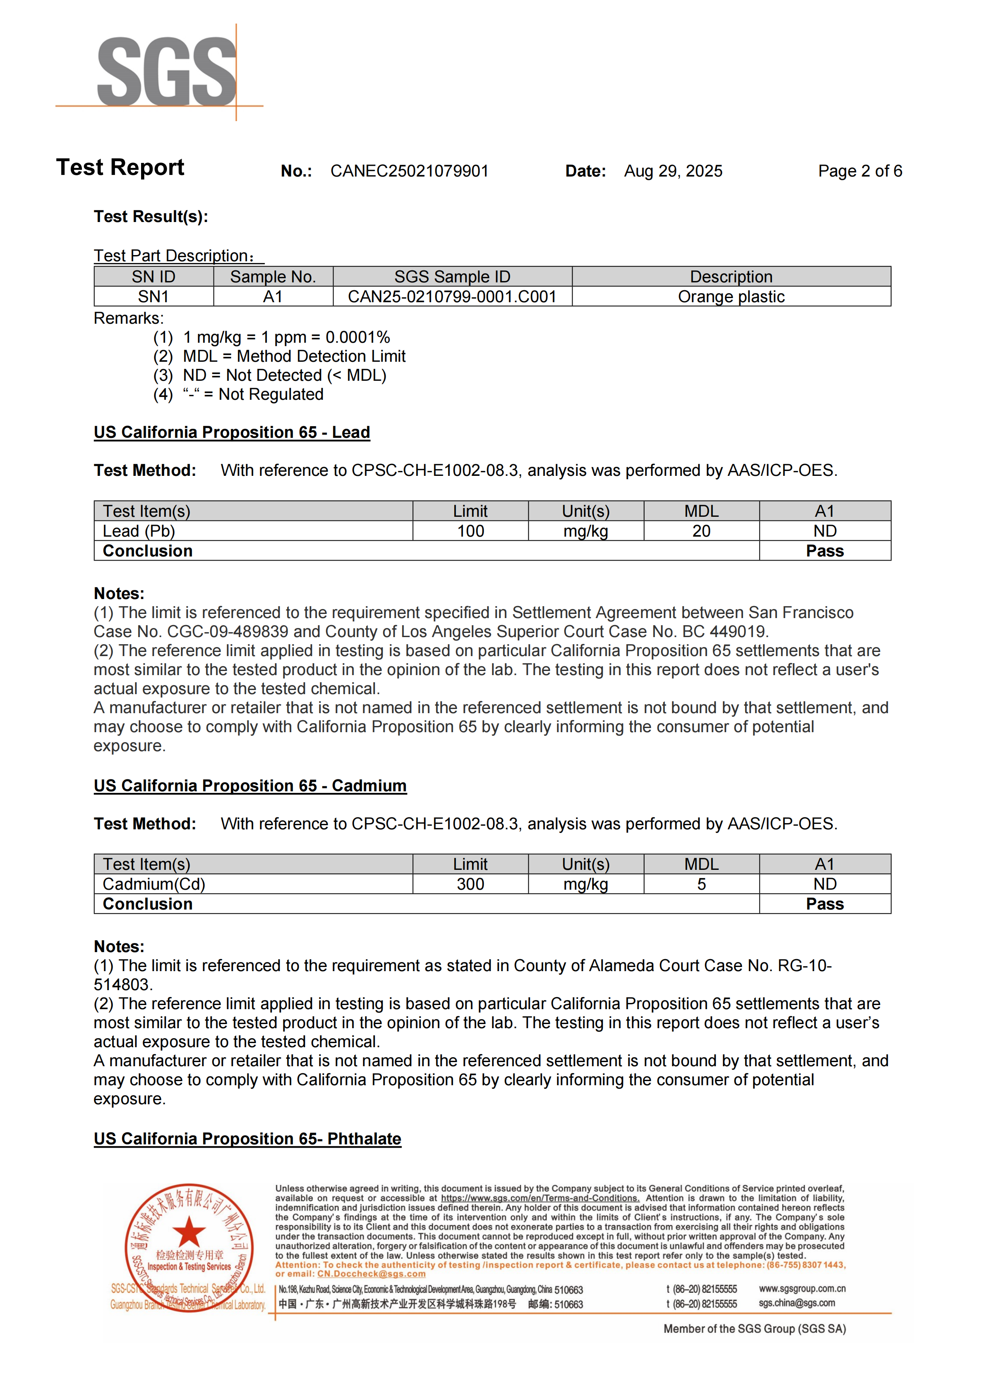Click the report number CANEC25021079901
[x=410, y=171]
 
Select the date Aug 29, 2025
[x=673, y=171]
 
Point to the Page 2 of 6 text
[x=860, y=171]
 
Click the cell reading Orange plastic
[x=731, y=296]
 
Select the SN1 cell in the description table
[x=153, y=296]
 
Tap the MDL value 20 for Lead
[x=701, y=531]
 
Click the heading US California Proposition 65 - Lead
[x=232, y=432]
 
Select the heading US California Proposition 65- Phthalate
[x=247, y=1139]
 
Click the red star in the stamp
[x=189, y=1231]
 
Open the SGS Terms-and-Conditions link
[x=540, y=1198]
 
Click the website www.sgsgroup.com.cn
[x=802, y=1289]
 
